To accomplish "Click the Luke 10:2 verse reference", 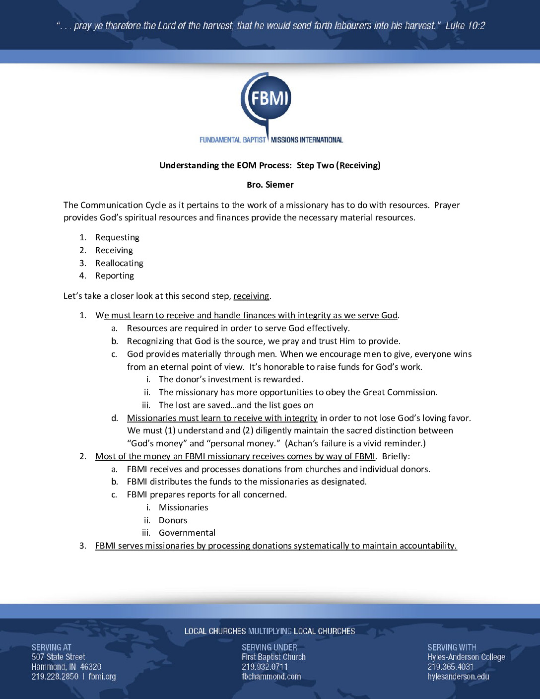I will (465, 26).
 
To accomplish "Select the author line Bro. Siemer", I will (270, 185).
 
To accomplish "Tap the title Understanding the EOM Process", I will (225, 165).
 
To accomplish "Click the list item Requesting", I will (117, 237).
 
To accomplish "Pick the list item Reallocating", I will (119, 263).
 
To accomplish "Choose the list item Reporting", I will (115, 276).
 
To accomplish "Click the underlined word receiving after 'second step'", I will (251, 296).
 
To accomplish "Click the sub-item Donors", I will (173, 520).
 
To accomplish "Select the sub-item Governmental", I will (187, 533).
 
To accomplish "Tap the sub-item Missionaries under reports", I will (184, 507).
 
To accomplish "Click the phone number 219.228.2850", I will (55, 676).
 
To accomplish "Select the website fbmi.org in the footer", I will (102, 676).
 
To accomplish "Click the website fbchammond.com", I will (271, 676).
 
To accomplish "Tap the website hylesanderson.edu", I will (458, 676).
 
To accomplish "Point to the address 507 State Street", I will (59, 657).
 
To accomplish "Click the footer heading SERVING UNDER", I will (270, 647).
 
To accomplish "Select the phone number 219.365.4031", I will (451, 667).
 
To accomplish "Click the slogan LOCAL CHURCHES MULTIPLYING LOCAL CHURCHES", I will (270, 631).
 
